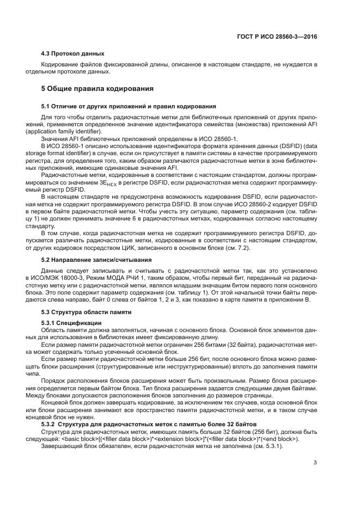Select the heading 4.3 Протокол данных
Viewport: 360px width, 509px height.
point(73,53)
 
